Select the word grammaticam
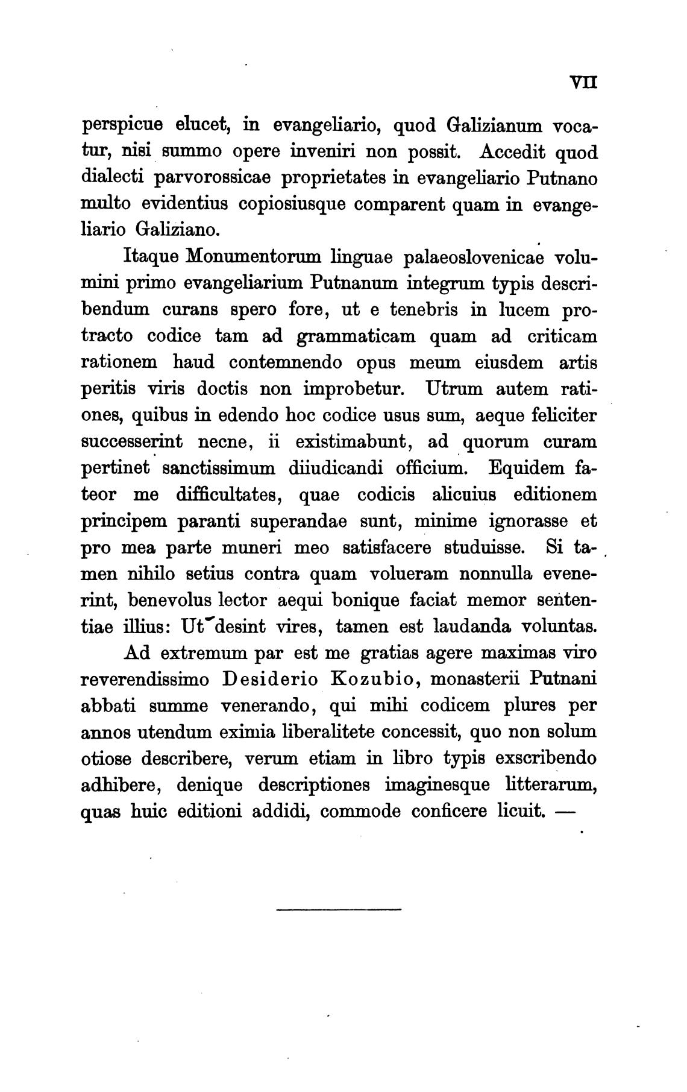(x=356, y=336)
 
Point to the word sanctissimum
(x=216, y=468)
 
